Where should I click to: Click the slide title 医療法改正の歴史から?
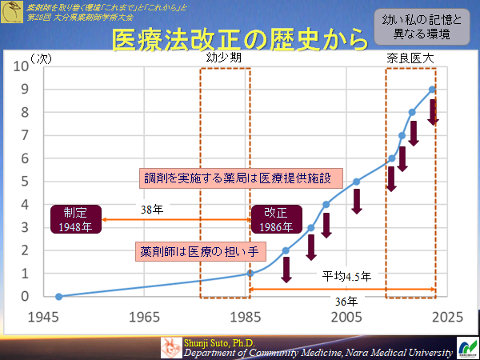(x=240, y=39)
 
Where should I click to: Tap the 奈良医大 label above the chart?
(x=410, y=60)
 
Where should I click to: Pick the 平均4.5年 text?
(x=347, y=277)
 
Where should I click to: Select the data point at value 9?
(x=432, y=89)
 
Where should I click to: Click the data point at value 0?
(x=58, y=296)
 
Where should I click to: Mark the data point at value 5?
(x=357, y=182)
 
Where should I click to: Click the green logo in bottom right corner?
(x=466, y=348)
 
